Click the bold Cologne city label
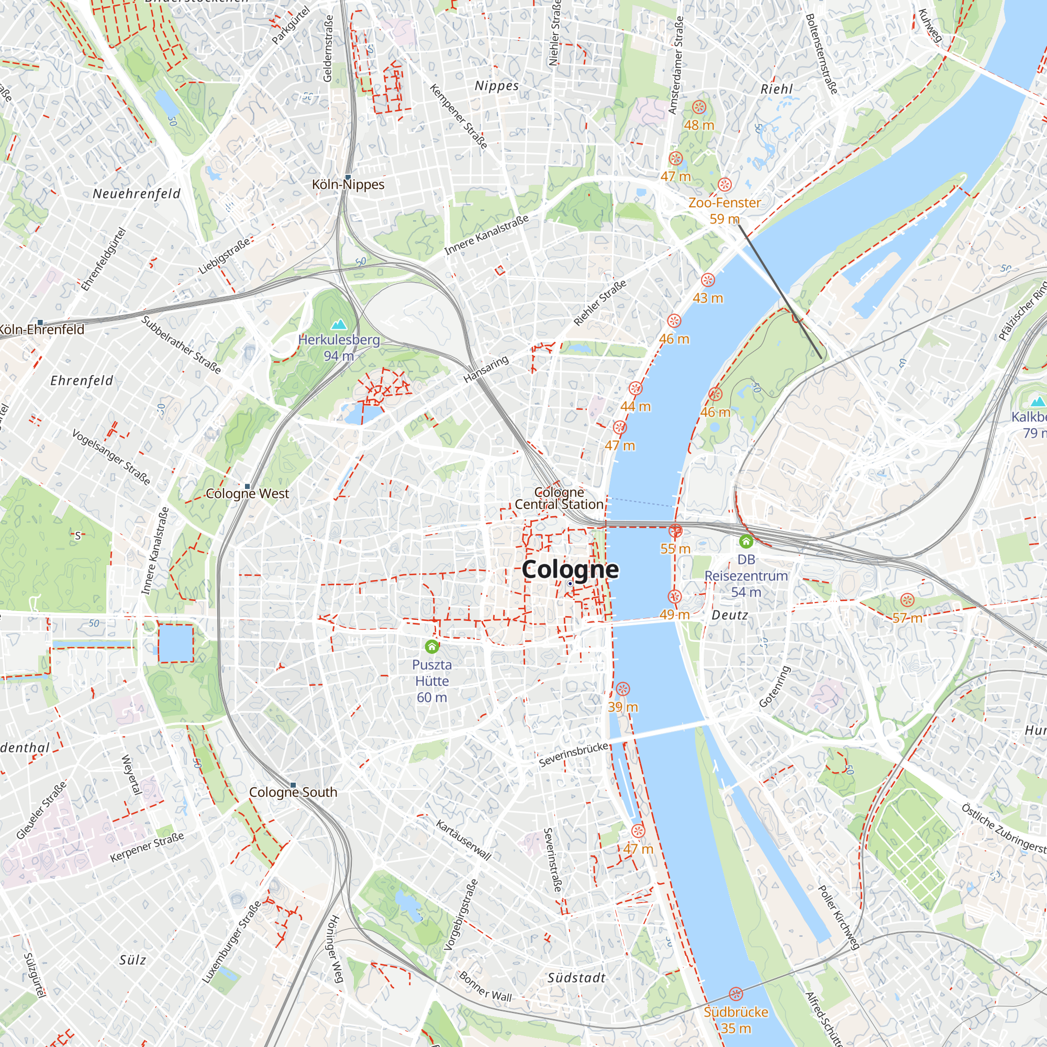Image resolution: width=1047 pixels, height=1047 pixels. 570,570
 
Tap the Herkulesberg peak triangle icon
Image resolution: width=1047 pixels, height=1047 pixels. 339,325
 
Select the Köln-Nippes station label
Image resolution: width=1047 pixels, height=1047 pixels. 348,185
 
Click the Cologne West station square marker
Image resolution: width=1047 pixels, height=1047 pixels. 248,486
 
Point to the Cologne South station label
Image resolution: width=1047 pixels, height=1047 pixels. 293,792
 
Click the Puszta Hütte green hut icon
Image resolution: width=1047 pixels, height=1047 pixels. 432,646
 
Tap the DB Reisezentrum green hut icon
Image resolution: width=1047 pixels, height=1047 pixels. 745,541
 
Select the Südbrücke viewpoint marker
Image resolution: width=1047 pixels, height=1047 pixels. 736,994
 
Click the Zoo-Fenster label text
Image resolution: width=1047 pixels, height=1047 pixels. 725,203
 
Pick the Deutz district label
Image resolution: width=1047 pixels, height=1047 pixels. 729,615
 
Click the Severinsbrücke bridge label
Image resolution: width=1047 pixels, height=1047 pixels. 573,755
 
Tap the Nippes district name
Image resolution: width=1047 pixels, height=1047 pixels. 496,86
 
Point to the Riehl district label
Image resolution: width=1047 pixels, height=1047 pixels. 776,89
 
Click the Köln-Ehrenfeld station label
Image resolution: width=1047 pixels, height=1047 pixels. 42,329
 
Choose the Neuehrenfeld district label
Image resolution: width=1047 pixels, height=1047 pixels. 137,194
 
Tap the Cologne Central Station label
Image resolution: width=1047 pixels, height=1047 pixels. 559,498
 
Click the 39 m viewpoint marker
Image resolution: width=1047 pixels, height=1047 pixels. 622,689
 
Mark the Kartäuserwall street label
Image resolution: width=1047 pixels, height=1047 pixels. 463,840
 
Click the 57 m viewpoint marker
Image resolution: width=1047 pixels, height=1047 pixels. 907,600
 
